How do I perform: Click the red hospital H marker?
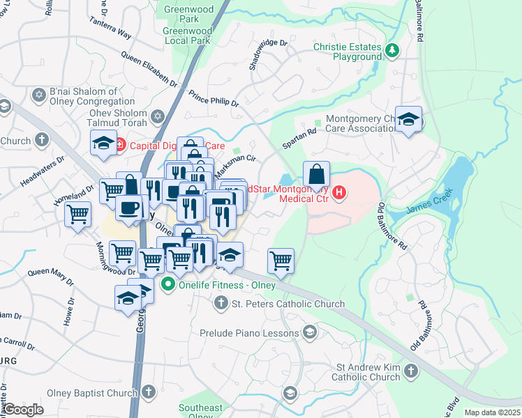[x=339, y=193]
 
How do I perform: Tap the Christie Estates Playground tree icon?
[x=392, y=50]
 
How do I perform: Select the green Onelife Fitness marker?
[x=167, y=285]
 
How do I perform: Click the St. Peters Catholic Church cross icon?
[x=221, y=303]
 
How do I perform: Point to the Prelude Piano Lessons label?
[x=248, y=333]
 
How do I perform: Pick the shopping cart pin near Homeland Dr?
[x=77, y=213]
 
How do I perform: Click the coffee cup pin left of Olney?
[x=128, y=208]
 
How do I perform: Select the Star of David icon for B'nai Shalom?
[x=38, y=93]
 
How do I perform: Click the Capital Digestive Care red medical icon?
[x=119, y=145]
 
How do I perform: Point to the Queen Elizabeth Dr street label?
[x=149, y=70]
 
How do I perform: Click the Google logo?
[x=23, y=410]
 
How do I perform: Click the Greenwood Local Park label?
[x=187, y=36]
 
